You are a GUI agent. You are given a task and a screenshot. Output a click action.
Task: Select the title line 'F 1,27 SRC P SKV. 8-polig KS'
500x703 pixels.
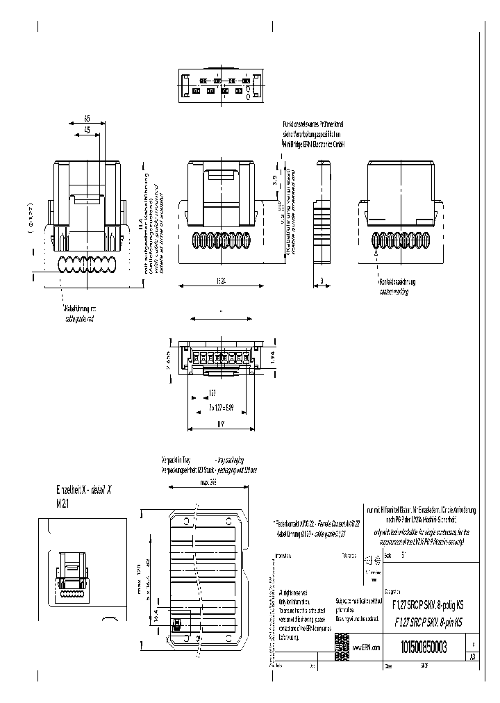pyautogui.click(x=429, y=606)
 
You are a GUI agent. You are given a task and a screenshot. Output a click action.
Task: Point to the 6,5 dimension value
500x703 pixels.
pyautogui.click(x=87, y=119)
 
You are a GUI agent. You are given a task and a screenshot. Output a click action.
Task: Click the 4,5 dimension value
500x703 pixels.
pyautogui.click(x=87, y=130)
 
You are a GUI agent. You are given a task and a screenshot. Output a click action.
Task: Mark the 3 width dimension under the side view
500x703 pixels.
pyautogui.click(x=323, y=281)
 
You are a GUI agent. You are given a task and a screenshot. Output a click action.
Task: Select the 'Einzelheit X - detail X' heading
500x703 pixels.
pyautogui.click(x=83, y=490)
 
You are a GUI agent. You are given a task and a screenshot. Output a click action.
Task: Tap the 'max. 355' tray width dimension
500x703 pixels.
pyautogui.click(x=209, y=480)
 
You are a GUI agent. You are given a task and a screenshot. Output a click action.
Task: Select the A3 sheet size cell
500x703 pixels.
pyautogui.click(x=473, y=656)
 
